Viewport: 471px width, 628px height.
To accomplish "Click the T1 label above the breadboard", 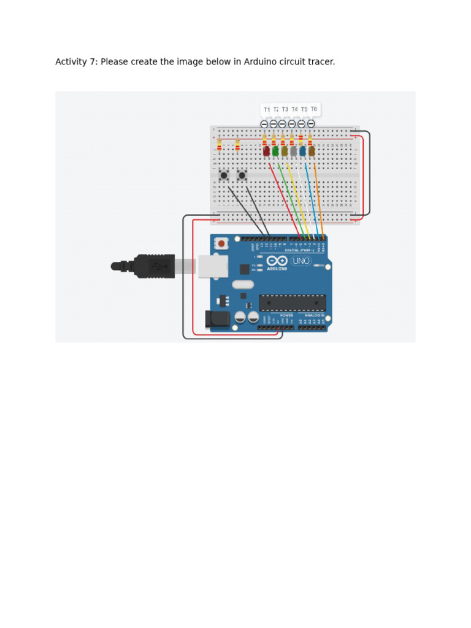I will coord(267,110).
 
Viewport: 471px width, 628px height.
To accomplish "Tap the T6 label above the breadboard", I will coord(313,109).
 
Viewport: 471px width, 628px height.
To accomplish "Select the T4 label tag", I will coord(294,110).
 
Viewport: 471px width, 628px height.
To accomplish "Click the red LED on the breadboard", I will coord(266,151).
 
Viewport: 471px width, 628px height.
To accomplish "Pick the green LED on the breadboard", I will coord(275,151).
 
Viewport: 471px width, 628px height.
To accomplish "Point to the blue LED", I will coord(302,151).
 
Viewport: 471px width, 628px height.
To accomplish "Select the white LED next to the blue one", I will coord(294,151).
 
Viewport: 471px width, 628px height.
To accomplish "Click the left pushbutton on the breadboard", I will coord(224,176).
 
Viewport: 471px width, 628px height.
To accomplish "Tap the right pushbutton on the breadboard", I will coord(242,176).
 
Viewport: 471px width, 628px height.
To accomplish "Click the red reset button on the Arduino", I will coord(221,243).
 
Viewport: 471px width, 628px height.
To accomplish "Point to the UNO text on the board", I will coord(301,261).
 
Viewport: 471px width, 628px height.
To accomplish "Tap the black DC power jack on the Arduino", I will coord(218,319).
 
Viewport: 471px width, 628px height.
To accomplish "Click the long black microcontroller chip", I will coord(292,302).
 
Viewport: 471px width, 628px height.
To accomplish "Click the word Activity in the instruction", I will coord(71,62).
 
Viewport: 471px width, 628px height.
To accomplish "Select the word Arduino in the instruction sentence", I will coord(260,62).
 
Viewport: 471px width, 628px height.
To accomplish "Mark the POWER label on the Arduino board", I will coord(286,315).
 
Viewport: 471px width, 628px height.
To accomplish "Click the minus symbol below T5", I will coord(301,124).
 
